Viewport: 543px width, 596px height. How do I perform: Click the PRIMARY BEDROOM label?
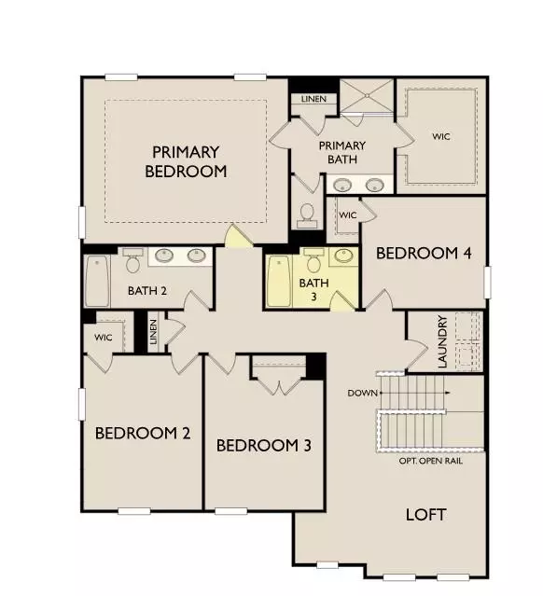tap(186, 161)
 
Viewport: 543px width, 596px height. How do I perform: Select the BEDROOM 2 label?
tap(143, 433)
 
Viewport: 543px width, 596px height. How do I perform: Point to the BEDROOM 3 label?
tap(263, 446)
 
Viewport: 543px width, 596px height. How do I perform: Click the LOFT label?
tap(425, 515)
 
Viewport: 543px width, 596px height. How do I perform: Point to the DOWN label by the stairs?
tap(361, 393)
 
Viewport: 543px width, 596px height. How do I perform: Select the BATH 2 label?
tap(147, 291)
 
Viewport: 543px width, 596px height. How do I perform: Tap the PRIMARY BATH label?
tap(341, 152)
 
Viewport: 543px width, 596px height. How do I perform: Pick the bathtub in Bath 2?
tap(98, 282)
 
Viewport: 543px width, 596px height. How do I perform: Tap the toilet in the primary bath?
tap(305, 216)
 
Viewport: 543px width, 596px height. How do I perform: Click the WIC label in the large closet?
tap(440, 136)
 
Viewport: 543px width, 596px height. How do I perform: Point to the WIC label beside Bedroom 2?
tap(103, 337)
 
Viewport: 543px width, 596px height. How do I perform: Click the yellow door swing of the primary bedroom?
tap(238, 237)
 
